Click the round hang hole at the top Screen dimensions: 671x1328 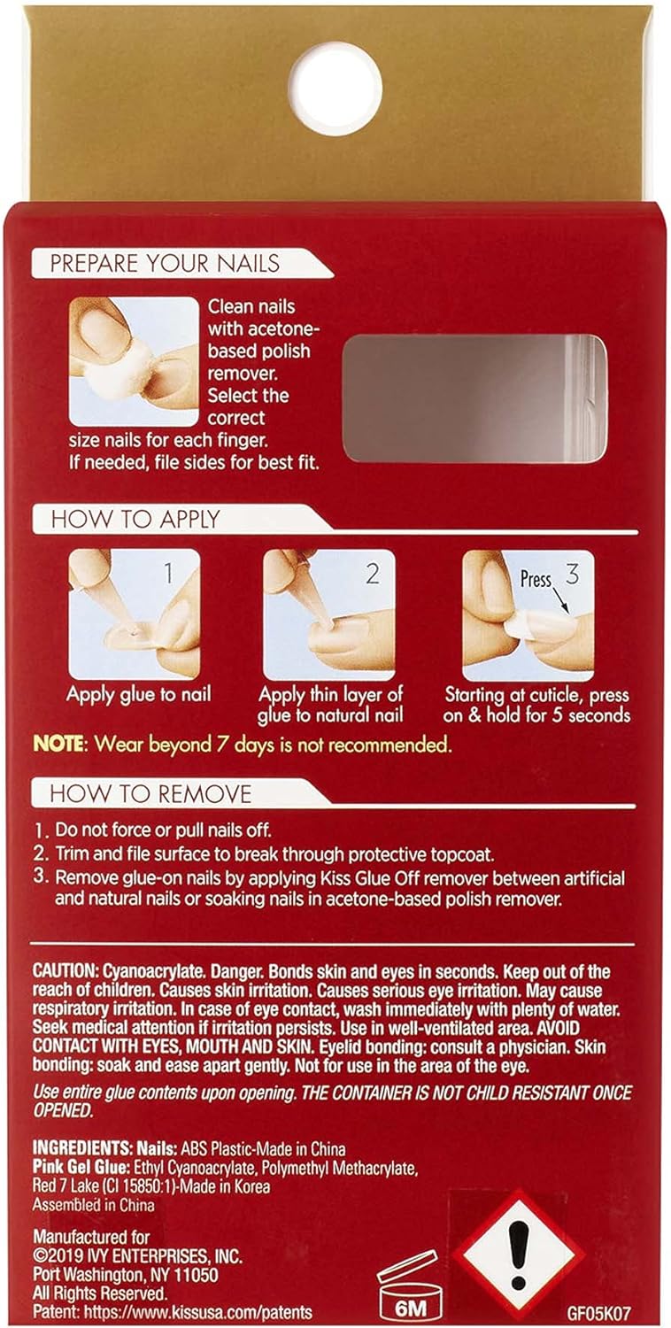(x=335, y=89)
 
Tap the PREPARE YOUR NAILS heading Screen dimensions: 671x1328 (x=165, y=263)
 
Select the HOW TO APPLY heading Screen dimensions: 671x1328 (x=135, y=519)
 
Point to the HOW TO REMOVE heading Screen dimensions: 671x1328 (x=150, y=794)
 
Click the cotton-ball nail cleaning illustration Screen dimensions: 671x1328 (x=134, y=361)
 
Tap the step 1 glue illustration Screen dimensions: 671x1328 (x=135, y=614)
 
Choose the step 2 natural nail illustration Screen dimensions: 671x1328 (x=329, y=614)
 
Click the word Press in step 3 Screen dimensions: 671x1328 (x=536, y=579)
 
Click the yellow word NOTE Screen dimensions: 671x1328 (x=59, y=744)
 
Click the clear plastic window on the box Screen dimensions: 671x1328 (x=474, y=398)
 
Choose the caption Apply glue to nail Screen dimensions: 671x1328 (x=139, y=694)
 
